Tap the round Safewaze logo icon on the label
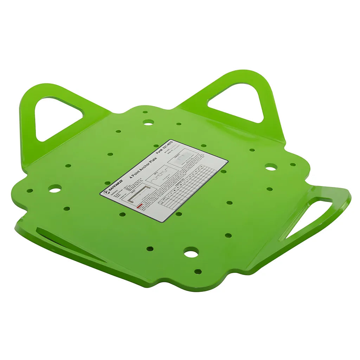[105, 193]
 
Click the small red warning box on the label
[139, 207]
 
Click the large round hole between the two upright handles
[148, 122]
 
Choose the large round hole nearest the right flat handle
[270, 167]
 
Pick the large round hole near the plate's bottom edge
[191, 252]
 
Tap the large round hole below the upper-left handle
[55, 189]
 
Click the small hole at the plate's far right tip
[292, 165]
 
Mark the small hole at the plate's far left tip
[30, 191]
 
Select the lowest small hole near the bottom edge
[198, 271]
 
